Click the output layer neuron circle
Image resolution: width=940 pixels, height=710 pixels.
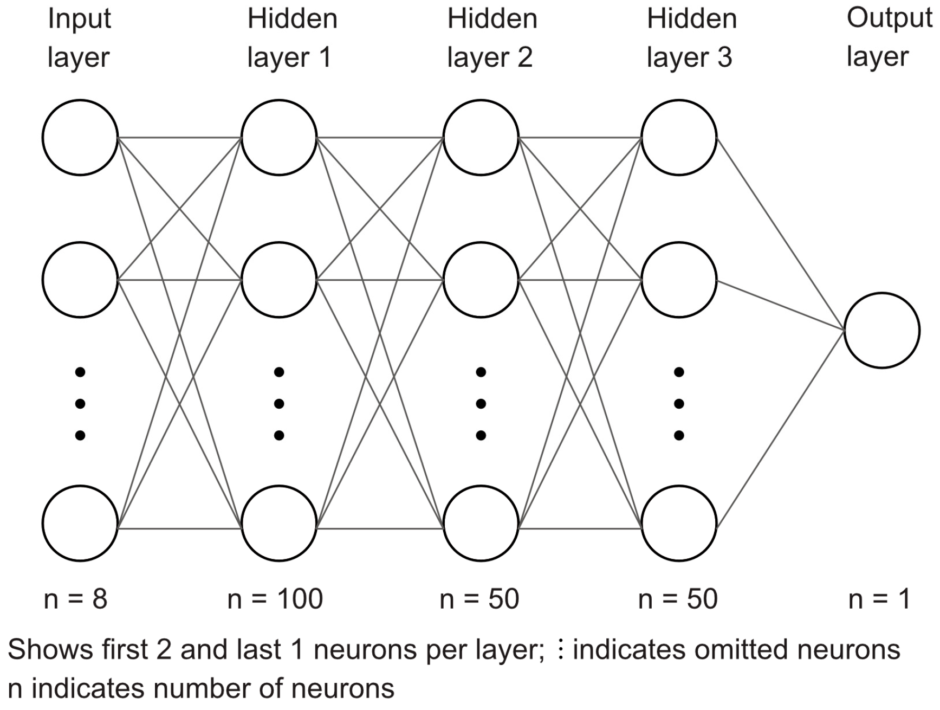click(x=881, y=330)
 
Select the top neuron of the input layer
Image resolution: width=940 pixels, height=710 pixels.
click(x=80, y=137)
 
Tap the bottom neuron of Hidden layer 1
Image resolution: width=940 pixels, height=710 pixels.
click(x=279, y=523)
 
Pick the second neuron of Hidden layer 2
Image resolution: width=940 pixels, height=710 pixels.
click(x=481, y=280)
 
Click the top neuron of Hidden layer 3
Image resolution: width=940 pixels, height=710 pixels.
click(x=679, y=137)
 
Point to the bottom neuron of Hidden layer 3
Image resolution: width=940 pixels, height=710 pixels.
click(x=679, y=523)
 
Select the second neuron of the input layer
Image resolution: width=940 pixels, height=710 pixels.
click(x=80, y=280)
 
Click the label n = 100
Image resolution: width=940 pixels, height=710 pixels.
click(x=275, y=599)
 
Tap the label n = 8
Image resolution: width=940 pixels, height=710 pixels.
click(x=75, y=599)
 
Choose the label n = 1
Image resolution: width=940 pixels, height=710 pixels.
click(x=879, y=599)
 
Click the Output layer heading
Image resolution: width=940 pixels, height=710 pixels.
click(x=889, y=38)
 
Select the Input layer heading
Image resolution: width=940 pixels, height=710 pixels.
click(x=79, y=38)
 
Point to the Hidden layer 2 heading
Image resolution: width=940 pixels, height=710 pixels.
click(x=492, y=38)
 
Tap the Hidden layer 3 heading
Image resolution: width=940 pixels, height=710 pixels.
click(x=692, y=38)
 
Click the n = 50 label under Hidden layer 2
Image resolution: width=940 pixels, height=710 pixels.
click(x=479, y=599)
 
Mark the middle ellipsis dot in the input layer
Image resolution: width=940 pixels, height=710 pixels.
click(x=80, y=403)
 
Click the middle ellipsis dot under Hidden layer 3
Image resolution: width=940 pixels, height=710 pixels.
click(x=679, y=403)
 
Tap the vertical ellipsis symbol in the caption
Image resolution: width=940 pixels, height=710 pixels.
click(x=561, y=649)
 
